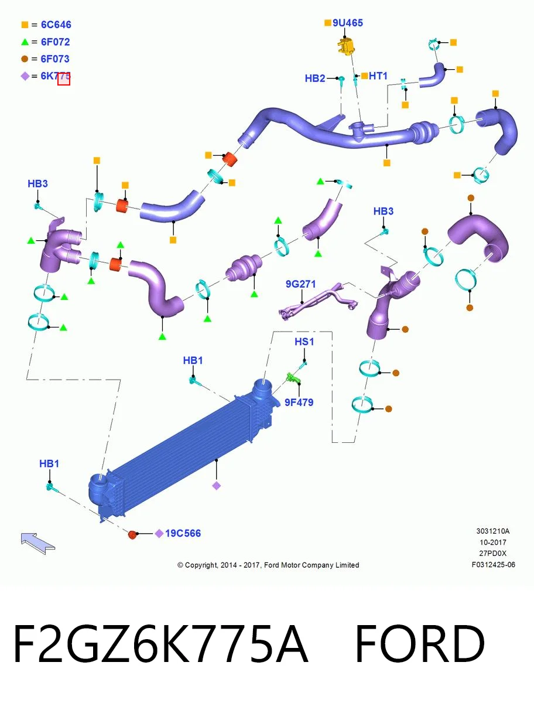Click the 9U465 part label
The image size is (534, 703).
point(347,23)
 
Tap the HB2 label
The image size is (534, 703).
point(315,78)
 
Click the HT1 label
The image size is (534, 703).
point(378,76)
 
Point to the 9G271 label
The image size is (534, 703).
point(300,284)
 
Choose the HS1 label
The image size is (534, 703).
point(304,342)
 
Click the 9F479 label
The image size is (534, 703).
point(299,402)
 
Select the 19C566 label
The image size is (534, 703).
point(183,533)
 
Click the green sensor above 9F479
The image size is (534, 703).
point(293,378)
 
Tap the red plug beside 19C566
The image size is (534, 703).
point(132,534)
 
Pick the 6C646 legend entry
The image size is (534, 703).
point(46,25)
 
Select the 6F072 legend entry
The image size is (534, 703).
point(46,42)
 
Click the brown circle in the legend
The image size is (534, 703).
point(25,59)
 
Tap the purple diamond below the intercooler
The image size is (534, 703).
point(217,486)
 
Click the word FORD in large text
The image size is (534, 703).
point(420,644)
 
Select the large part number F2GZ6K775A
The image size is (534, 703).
point(160,644)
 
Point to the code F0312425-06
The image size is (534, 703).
point(494,565)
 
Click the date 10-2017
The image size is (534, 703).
point(493,542)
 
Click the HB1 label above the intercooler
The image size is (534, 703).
point(193,360)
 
